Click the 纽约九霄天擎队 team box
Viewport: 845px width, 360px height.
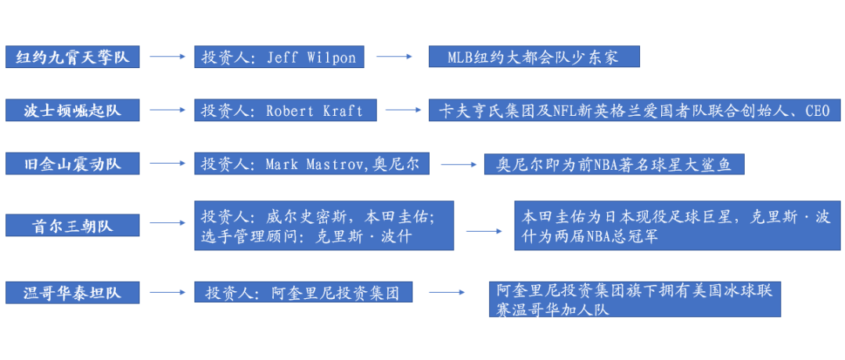click(72, 57)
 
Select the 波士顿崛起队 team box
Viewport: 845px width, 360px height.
click(72, 110)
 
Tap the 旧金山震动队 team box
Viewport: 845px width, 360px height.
click(72, 164)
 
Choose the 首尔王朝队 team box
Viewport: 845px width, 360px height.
click(72, 226)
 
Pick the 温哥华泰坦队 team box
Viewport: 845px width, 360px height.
click(72, 293)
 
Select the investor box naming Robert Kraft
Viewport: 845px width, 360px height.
click(285, 110)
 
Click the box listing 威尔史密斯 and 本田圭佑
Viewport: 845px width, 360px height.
click(324, 226)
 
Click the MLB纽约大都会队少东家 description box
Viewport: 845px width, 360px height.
click(534, 57)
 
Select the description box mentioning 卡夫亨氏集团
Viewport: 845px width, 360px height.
click(635, 110)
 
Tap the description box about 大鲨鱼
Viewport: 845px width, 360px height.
click(613, 164)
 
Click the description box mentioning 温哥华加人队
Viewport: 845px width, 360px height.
click(635, 300)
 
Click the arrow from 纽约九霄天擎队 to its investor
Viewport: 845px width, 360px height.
click(166, 57)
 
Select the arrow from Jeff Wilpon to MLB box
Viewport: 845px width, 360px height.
click(394, 57)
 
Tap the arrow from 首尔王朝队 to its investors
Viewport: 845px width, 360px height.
click(166, 226)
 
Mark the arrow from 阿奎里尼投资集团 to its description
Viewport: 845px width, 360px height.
click(447, 293)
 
